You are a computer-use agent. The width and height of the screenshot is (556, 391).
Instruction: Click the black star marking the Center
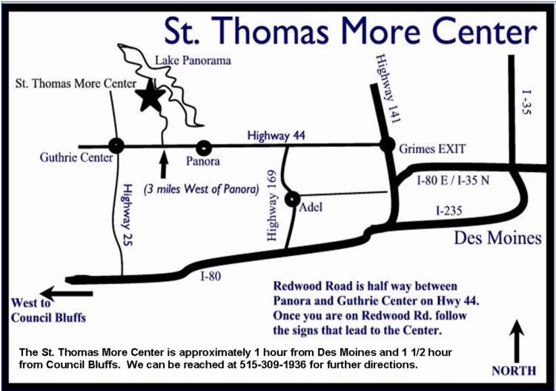(x=150, y=96)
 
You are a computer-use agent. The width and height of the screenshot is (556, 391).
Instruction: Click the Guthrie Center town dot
(x=115, y=145)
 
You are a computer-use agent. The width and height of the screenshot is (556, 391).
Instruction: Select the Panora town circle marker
(x=204, y=146)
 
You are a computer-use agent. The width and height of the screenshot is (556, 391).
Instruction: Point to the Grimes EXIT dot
(x=387, y=145)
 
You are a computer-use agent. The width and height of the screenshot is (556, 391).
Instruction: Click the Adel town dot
(x=291, y=198)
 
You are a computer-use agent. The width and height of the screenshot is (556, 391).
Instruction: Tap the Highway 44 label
(x=277, y=135)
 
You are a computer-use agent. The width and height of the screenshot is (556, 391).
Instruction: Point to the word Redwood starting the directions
(x=300, y=286)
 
